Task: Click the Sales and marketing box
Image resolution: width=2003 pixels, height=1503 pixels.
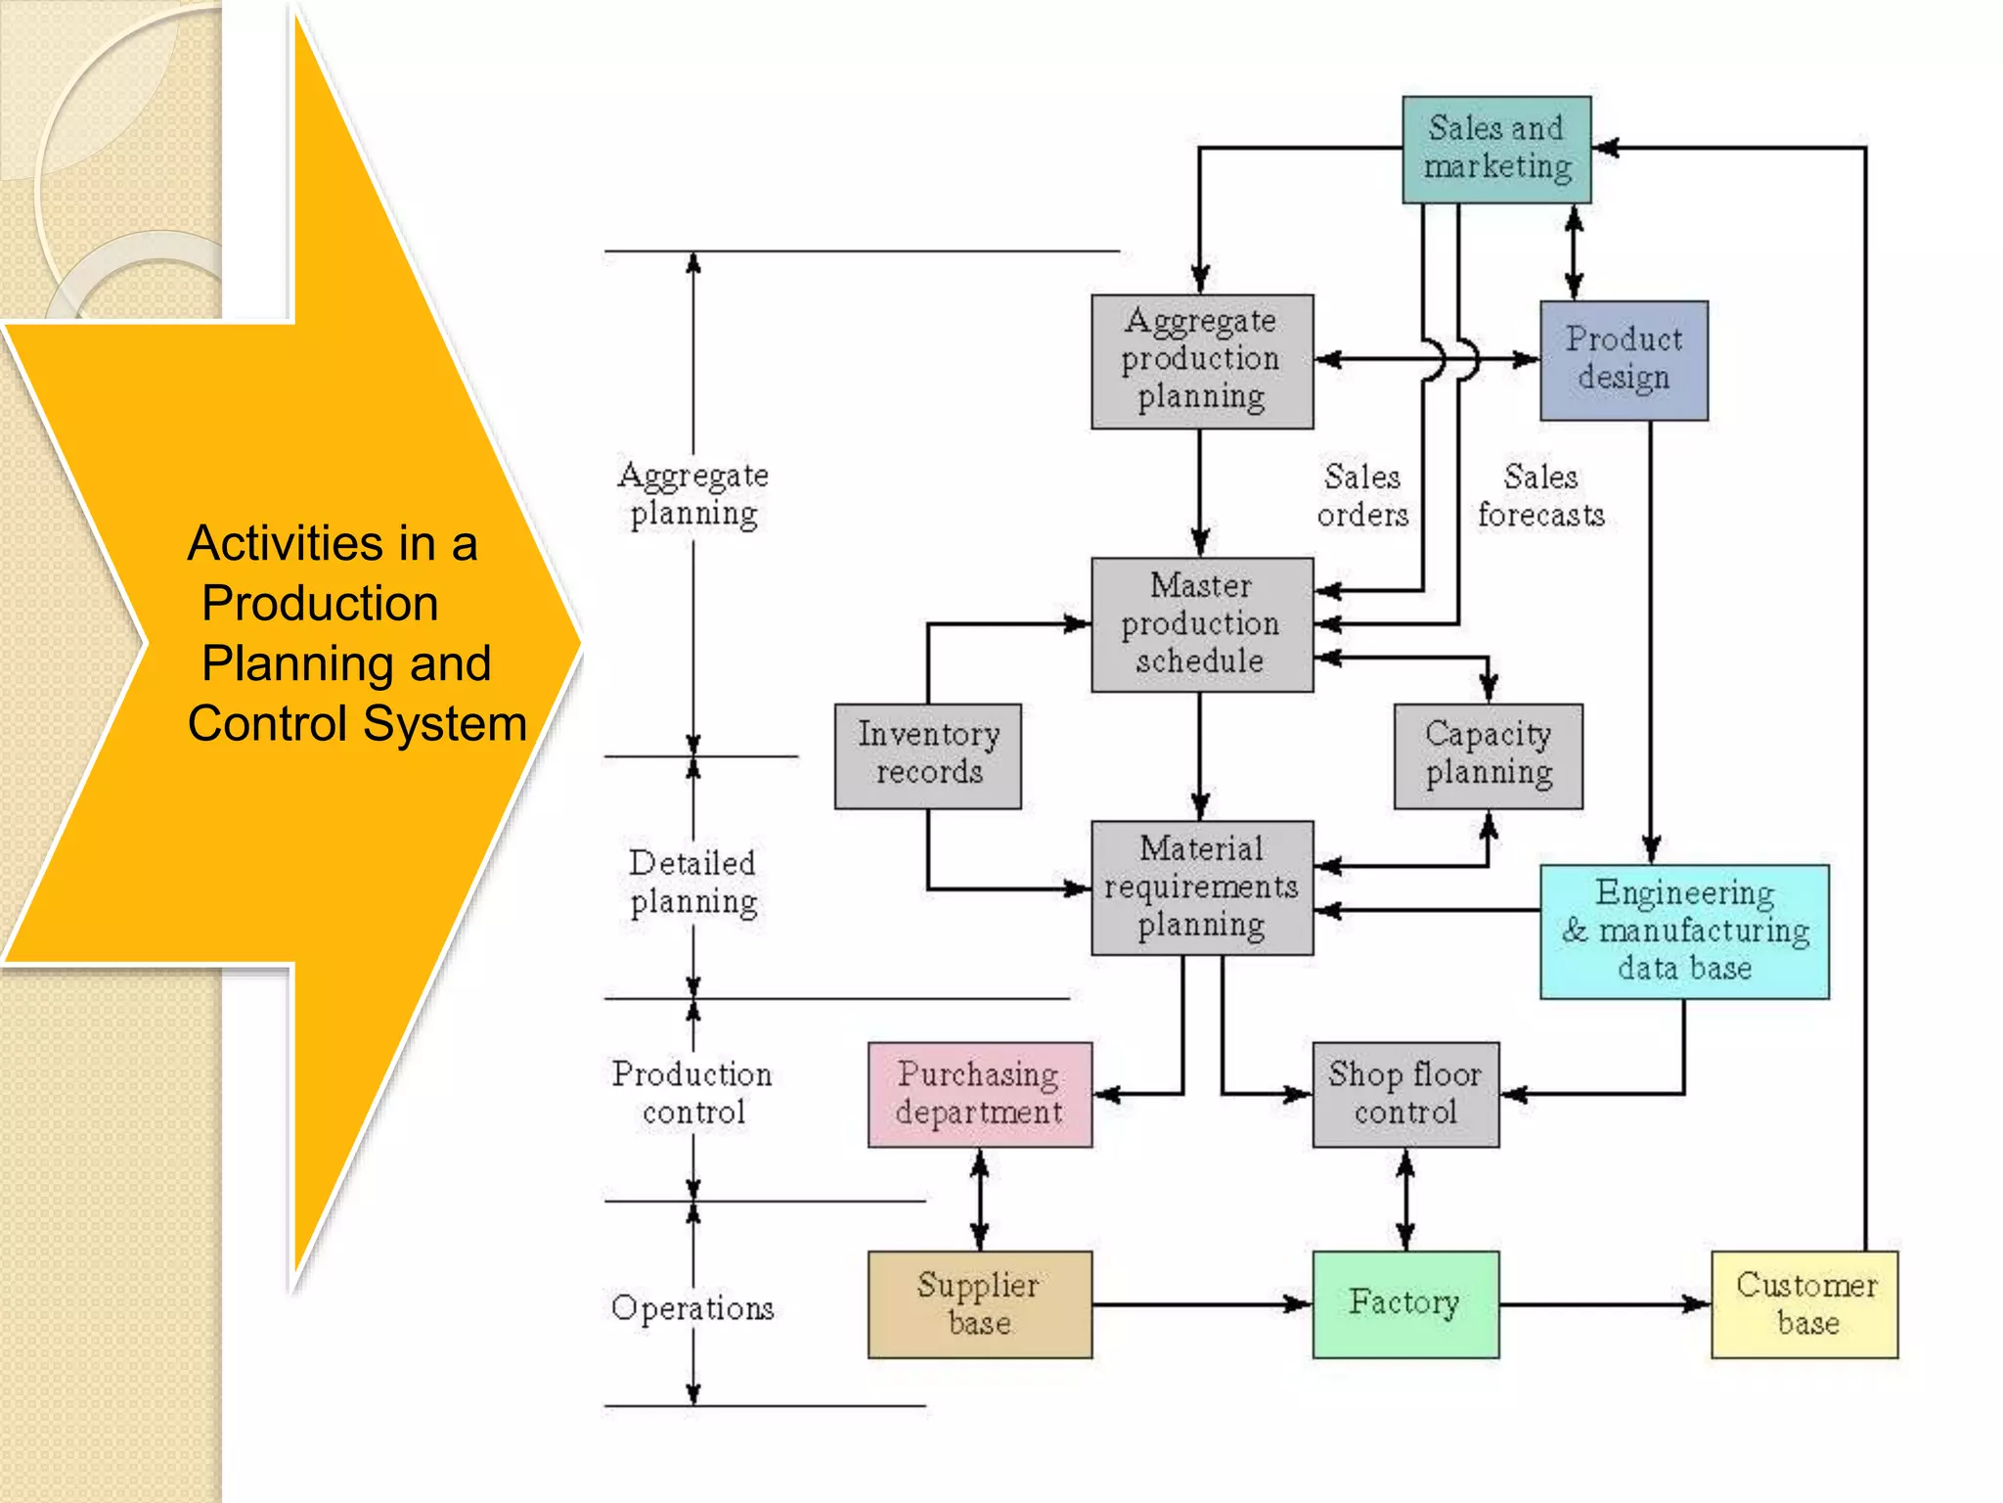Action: click(1496, 149)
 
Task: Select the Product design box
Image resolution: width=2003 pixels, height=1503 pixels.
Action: click(1624, 360)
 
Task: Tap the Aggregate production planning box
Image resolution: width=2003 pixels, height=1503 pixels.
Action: click(1201, 360)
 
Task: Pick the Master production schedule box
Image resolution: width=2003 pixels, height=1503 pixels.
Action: click(1201, 624)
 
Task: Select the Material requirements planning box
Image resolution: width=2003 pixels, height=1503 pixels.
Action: click(1201, 888)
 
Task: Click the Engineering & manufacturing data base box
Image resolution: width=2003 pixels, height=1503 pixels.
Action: click(1683, 931)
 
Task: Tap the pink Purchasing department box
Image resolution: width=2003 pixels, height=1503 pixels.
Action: click(979, 1094)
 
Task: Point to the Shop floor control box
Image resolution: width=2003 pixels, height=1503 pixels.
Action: click(1404, 1094)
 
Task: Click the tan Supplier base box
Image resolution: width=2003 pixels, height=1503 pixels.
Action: click(979, 1303)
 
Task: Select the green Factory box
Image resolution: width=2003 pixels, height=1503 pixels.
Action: click(1404, 1303)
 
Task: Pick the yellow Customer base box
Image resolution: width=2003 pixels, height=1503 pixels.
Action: click(1804, 1303)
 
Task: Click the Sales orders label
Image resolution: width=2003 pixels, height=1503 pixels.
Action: click(1362, 496)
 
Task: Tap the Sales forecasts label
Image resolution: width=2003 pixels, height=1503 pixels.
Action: click(1540, 496)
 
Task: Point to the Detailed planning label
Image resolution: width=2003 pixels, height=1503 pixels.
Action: click(693, 883)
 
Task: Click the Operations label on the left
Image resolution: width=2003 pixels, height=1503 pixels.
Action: click(692, 1308)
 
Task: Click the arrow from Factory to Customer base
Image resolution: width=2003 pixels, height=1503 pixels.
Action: click(1604, 1303)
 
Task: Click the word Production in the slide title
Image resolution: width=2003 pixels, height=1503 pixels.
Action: click(320, 603)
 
